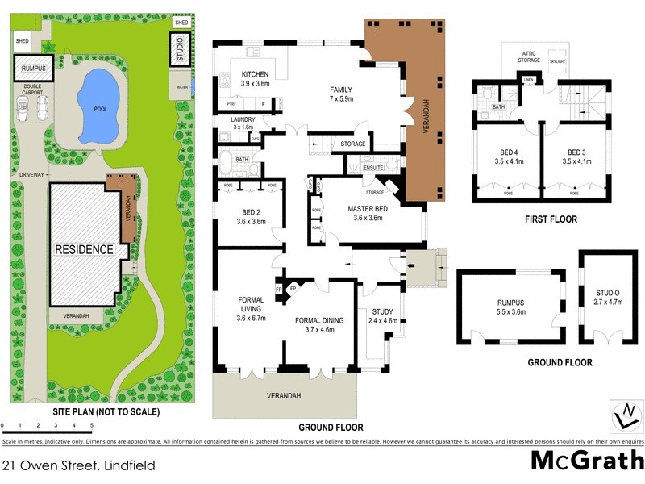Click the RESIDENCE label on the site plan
[x=84, y=249]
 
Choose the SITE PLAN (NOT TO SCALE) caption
[x=106, y=411]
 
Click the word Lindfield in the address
[x=127, y=465]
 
